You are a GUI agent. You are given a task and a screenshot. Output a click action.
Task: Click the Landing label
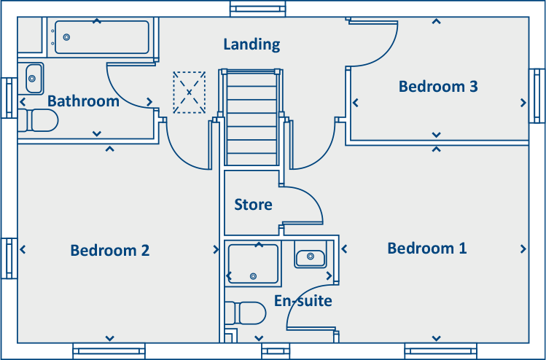[251, 44]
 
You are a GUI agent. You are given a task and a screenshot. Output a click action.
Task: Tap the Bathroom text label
[83, 101]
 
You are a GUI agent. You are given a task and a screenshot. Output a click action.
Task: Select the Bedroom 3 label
[438, 87]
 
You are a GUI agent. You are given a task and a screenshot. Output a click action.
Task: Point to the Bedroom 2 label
[110, 250]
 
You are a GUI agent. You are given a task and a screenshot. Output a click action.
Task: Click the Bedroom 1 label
[427, 249]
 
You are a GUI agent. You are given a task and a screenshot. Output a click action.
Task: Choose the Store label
[253, 205]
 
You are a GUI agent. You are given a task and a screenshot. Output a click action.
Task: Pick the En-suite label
[303, 300]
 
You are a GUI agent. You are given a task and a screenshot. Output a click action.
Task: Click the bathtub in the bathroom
[101, 37]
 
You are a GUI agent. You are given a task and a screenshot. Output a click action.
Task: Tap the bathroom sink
[34, 75]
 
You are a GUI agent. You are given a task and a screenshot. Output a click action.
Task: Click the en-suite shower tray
[253, 263]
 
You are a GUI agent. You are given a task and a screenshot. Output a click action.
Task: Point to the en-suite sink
[311, 257]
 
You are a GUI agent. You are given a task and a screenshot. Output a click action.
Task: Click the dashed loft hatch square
[190, 93]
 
